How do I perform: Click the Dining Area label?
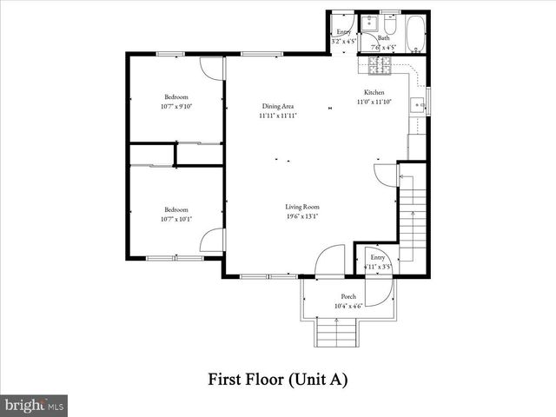point(278,107)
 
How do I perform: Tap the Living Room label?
point(302,207)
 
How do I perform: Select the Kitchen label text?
point(374,92)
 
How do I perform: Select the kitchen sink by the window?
point(417,106)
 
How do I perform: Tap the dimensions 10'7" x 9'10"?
point(176,107)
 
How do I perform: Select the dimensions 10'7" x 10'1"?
point(176,219)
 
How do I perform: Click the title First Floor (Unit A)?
point(277,379)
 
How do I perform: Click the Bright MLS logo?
point(34,404)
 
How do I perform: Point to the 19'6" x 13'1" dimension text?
point(302,216)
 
